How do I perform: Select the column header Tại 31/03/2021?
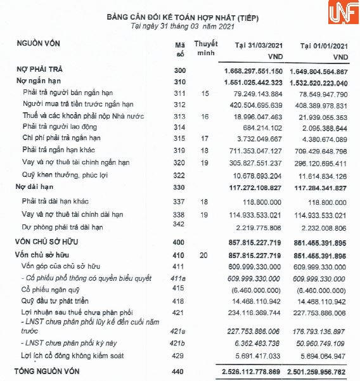coord(259,46)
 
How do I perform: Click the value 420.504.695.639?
coord(256,105)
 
